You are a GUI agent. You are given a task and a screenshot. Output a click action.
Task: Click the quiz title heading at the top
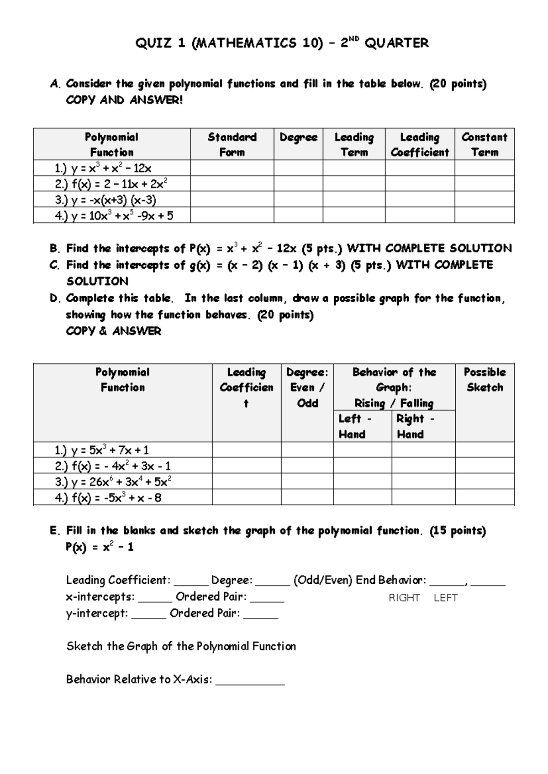tap(282, 43)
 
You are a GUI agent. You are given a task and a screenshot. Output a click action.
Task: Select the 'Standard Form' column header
tap(232, 144)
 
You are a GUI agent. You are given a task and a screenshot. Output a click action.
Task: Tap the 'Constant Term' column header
tap(484, 144)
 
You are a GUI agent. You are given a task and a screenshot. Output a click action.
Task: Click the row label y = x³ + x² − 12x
tap(103, 168)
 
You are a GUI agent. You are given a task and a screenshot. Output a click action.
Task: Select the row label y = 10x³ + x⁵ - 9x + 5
tap(114, 215)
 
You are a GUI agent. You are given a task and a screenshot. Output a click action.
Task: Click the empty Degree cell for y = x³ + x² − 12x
tap(298, 168)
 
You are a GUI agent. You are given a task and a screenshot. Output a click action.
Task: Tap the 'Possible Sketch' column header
tap(485, 380)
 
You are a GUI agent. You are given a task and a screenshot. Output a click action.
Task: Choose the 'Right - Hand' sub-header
tap(415, 426)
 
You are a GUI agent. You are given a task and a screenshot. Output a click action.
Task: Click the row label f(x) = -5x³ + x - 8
tap(108, 498)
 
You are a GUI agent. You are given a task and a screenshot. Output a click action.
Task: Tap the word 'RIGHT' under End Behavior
tap(404, 598)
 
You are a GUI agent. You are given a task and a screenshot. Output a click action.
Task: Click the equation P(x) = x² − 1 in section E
tap(100, 547)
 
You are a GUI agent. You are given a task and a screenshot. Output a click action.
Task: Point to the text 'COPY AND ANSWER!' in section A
tap(124, 100)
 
